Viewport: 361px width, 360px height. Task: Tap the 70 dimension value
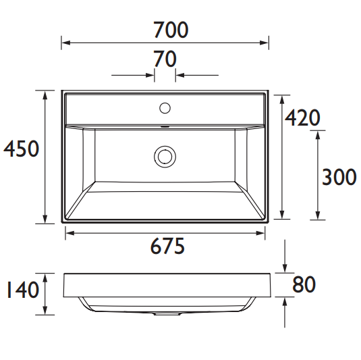(165, 60)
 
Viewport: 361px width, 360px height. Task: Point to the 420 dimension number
(302, 118)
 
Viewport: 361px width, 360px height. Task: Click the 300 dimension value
(338, 178)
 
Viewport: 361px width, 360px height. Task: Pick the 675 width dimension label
(166, 247)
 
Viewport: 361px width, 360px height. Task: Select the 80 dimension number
(304, 285)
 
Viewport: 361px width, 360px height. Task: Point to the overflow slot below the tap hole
(165, 126)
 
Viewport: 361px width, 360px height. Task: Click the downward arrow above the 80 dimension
(287, 267)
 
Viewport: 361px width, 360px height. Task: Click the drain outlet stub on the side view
(165, 314)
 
